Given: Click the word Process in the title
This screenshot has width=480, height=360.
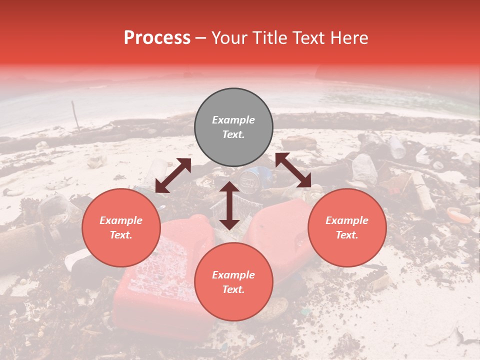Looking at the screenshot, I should point(157,38).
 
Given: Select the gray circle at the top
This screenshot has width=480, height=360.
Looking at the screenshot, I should point(233,127).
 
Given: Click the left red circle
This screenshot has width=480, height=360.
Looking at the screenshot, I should point(121,228).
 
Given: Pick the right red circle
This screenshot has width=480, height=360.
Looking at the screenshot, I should point(347,228).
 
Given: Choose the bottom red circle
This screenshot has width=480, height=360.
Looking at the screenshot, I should point(233,282).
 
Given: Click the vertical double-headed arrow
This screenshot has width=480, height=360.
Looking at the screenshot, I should point(229,205).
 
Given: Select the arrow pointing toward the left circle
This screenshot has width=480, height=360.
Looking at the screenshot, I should point(173,175).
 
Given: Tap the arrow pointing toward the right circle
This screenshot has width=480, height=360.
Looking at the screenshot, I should point(293,170).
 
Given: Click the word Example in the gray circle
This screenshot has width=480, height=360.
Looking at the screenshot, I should point(233,120).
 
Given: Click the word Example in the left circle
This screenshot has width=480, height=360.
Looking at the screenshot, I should point(121,220).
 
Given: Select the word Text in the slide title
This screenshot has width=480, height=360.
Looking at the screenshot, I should point(305,38).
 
